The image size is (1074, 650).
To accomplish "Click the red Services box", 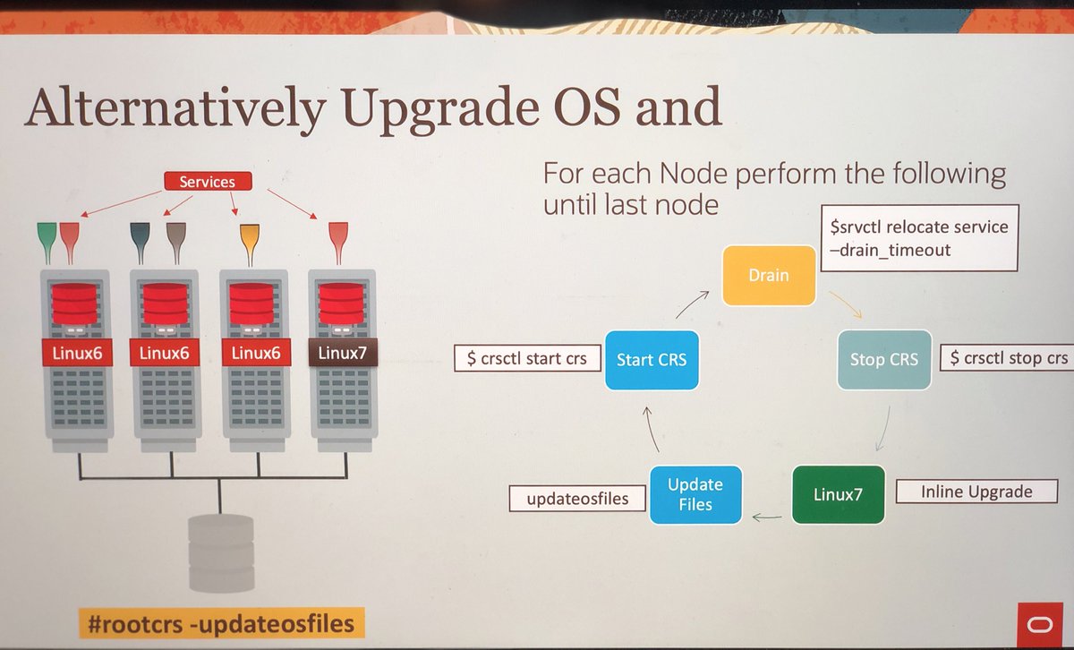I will (x=207, y=182).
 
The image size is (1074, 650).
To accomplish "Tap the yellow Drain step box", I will (x=769, y=275).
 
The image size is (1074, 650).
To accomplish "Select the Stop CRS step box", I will (x=883, y=359).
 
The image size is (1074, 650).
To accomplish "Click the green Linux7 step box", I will (x=838, y=494).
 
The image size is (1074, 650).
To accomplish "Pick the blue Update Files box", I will (x=695, y=494).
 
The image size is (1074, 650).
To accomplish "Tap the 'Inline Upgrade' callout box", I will (x=976, y=492).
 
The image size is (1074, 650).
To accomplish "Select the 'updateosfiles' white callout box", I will (x=576, y=499).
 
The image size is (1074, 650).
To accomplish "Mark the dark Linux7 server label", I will (x=343, y=353).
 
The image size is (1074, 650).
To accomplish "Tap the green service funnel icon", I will (x=47, y=238).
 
